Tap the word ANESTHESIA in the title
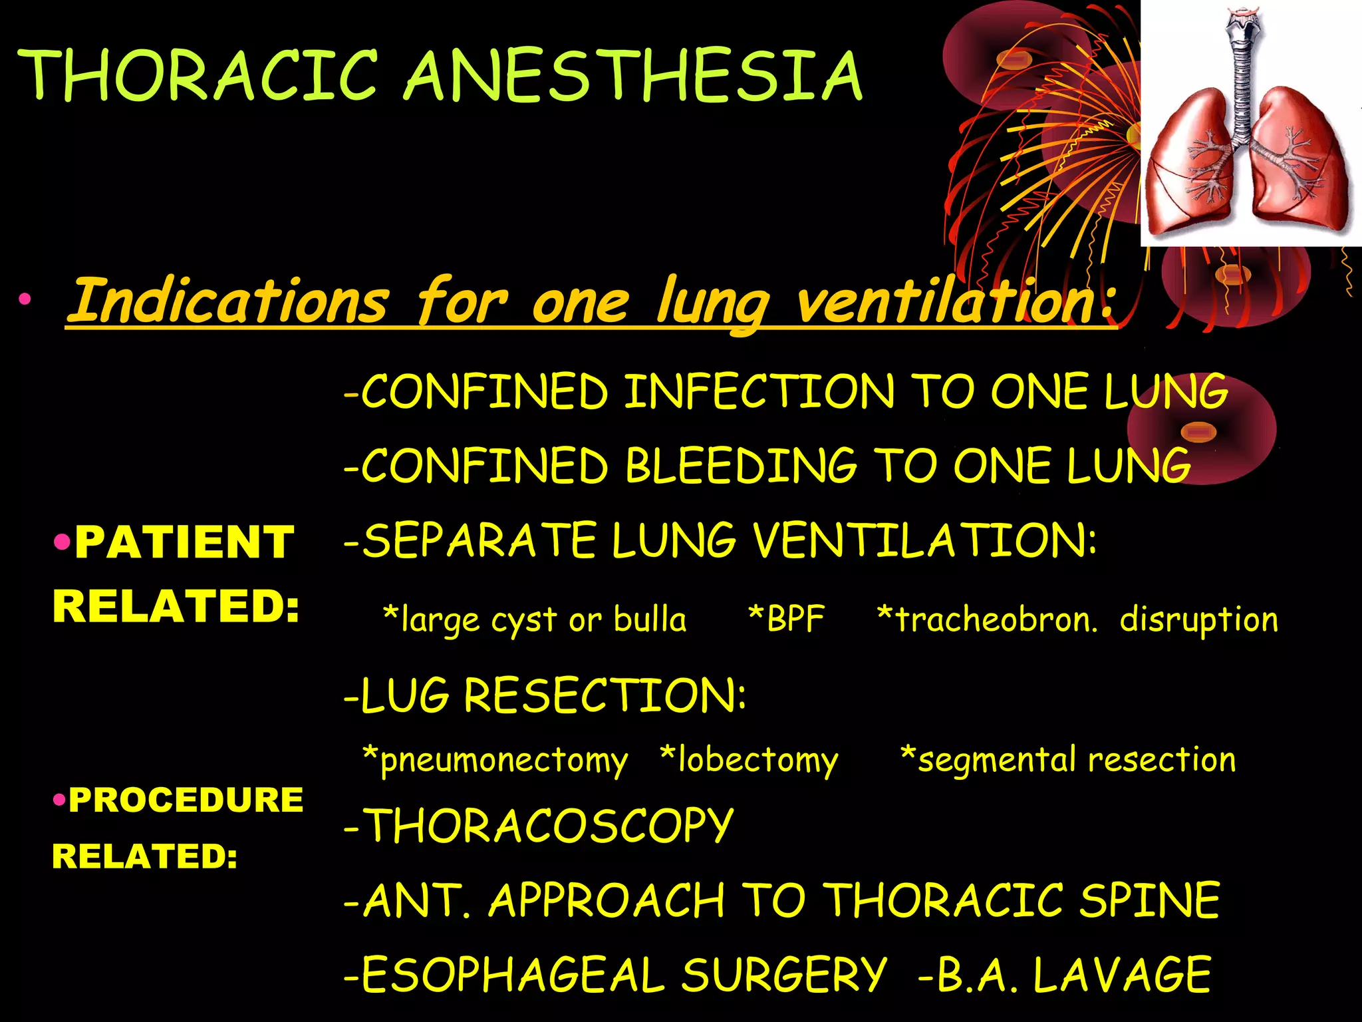(x=633, y=77)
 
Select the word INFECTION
(x=759, y=392)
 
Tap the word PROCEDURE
(x=186, y=800)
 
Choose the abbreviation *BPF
(x=786, y=619)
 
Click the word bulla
(x=650, y=619)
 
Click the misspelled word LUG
(x=405, y=696)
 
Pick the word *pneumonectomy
(x=495, y=760)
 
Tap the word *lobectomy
(x=749, y=760)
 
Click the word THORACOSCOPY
(x=549, y=826)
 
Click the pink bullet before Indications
(x=25, y=299)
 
